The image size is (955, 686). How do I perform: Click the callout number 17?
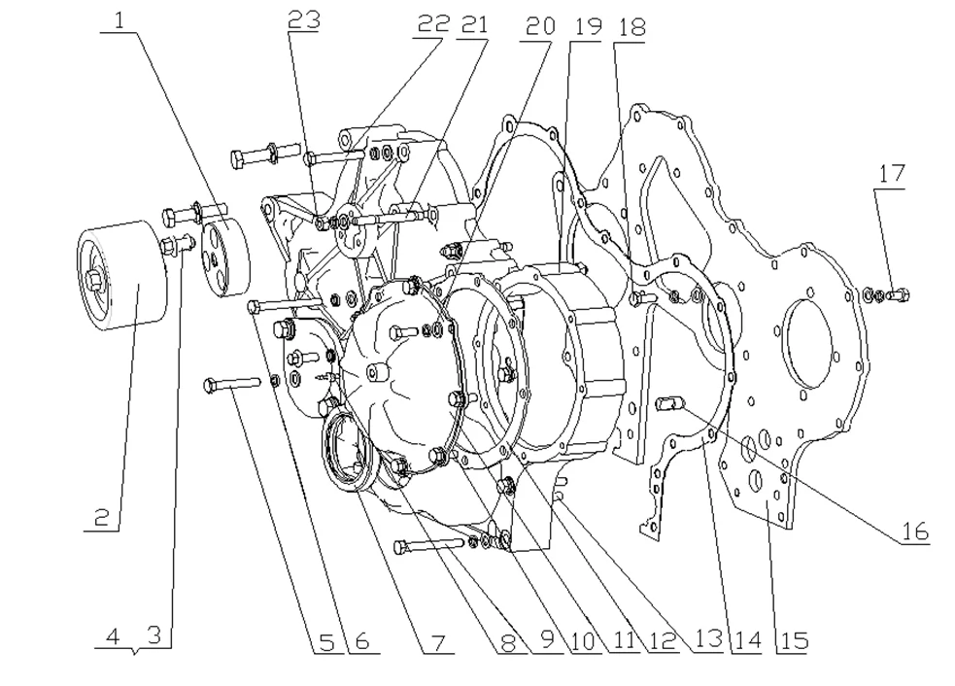891,175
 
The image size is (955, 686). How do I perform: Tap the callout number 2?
102,517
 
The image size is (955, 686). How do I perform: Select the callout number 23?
304,20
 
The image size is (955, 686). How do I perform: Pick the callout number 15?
792,640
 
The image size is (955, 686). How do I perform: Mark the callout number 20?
539,26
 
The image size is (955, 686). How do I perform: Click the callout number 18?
631,26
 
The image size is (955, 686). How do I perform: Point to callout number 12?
666,640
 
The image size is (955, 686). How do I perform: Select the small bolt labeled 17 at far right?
899,292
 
